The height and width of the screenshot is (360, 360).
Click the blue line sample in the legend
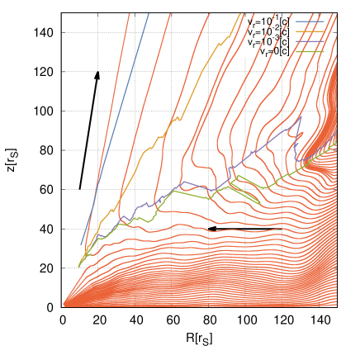coord(310,21)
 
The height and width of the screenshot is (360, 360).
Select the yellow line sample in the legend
coord(310,31)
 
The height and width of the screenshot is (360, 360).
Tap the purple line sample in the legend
coord(310,41)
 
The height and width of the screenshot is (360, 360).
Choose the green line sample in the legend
coord(310,51)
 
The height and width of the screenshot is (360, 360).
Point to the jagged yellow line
coord(157,140)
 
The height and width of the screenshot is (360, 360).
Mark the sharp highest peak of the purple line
coord(300,116)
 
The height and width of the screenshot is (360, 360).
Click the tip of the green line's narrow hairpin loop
coord(261,203)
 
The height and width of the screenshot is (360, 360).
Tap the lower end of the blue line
coord(81,245)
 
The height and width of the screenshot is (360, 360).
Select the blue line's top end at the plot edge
coord(149,14)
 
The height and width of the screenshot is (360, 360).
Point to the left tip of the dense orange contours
coord(64,304)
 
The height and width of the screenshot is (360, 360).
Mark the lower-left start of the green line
coord(78,267)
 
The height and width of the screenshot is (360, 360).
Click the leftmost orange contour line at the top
coord(129,15)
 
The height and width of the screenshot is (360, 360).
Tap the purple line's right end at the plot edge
coord(336,133)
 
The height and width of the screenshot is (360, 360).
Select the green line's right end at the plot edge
coord(336,142)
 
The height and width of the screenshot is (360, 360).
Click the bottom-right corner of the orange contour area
coord(335,305)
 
